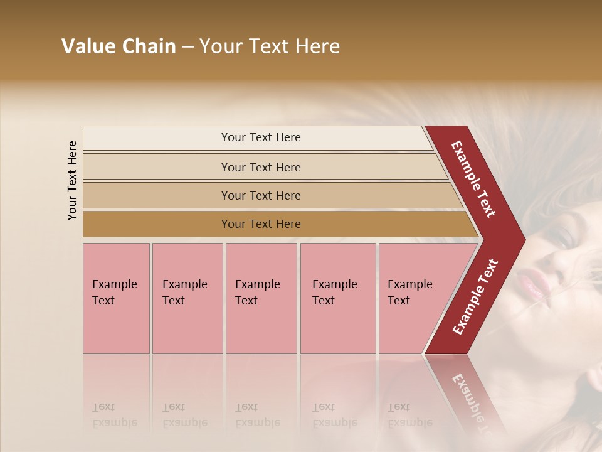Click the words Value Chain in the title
point(119,46)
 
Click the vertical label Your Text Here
point(72,180)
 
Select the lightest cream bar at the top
point(257,137)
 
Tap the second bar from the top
point(260,167)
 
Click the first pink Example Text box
point(116,298)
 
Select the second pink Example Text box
point(187,298)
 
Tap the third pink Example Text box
point(261,298)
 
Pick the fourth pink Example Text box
point(337,298)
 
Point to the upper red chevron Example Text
point(474,179)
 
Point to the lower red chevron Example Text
point(475,296)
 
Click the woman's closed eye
point(563,237)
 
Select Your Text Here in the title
point(270,46)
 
